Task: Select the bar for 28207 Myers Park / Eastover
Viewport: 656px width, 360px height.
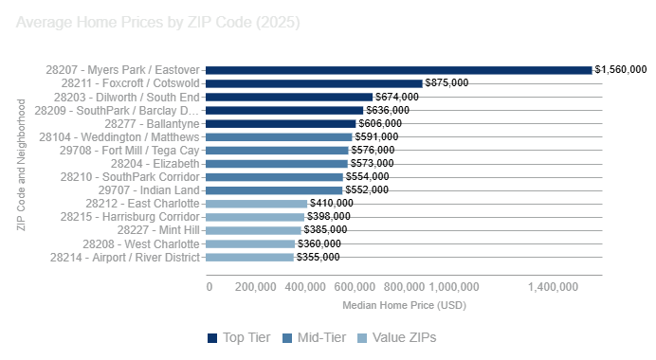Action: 398,70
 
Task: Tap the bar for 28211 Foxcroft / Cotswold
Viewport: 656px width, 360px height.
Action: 314,83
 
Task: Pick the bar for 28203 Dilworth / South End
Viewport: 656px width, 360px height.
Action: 289,97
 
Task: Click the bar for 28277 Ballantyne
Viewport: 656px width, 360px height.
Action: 281,123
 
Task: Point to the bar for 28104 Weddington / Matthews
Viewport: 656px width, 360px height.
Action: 279,137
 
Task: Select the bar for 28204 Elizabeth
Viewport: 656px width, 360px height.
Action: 276,164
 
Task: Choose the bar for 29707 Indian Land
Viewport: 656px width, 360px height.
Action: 274,190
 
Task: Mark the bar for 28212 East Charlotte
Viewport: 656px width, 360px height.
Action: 256,204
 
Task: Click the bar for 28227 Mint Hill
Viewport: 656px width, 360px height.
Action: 253,230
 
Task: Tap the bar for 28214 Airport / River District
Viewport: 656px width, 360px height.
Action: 249,257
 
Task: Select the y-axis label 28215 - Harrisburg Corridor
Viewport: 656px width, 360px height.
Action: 130,217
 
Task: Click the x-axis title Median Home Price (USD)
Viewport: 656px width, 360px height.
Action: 404,305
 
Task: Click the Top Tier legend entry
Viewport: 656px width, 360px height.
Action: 239,338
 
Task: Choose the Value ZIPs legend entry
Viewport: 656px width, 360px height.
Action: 395,338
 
